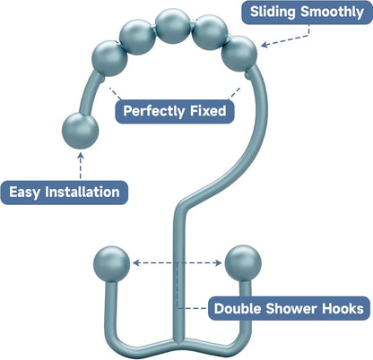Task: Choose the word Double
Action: pyautogui.click(x=240, y=309)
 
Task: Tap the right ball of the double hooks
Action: pyautogui.click(x=241, y=263)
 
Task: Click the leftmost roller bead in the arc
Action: pyautogui.click(x=109, y=59)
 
